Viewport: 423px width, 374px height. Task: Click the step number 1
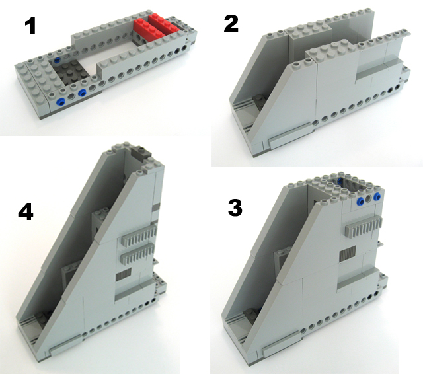click(30, 26)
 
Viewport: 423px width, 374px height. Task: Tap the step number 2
click(231, 24)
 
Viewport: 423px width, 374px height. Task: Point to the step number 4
click(26, 211)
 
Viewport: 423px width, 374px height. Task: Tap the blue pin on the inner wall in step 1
click(58, 59)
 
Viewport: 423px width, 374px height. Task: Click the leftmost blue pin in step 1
click(61, 102)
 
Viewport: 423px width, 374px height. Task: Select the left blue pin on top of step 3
click(360, 200)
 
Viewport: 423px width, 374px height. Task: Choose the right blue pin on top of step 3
click(377, 196)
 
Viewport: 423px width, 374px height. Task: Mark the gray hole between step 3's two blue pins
click(369, 200)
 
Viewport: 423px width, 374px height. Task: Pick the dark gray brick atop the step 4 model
click(142, 153)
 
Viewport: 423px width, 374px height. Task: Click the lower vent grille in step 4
click(138, 253)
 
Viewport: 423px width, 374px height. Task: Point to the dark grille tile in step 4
click(124, 274)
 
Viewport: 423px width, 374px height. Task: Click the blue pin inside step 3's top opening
click(340, 180)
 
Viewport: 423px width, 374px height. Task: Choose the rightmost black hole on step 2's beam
click(397, 87)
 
